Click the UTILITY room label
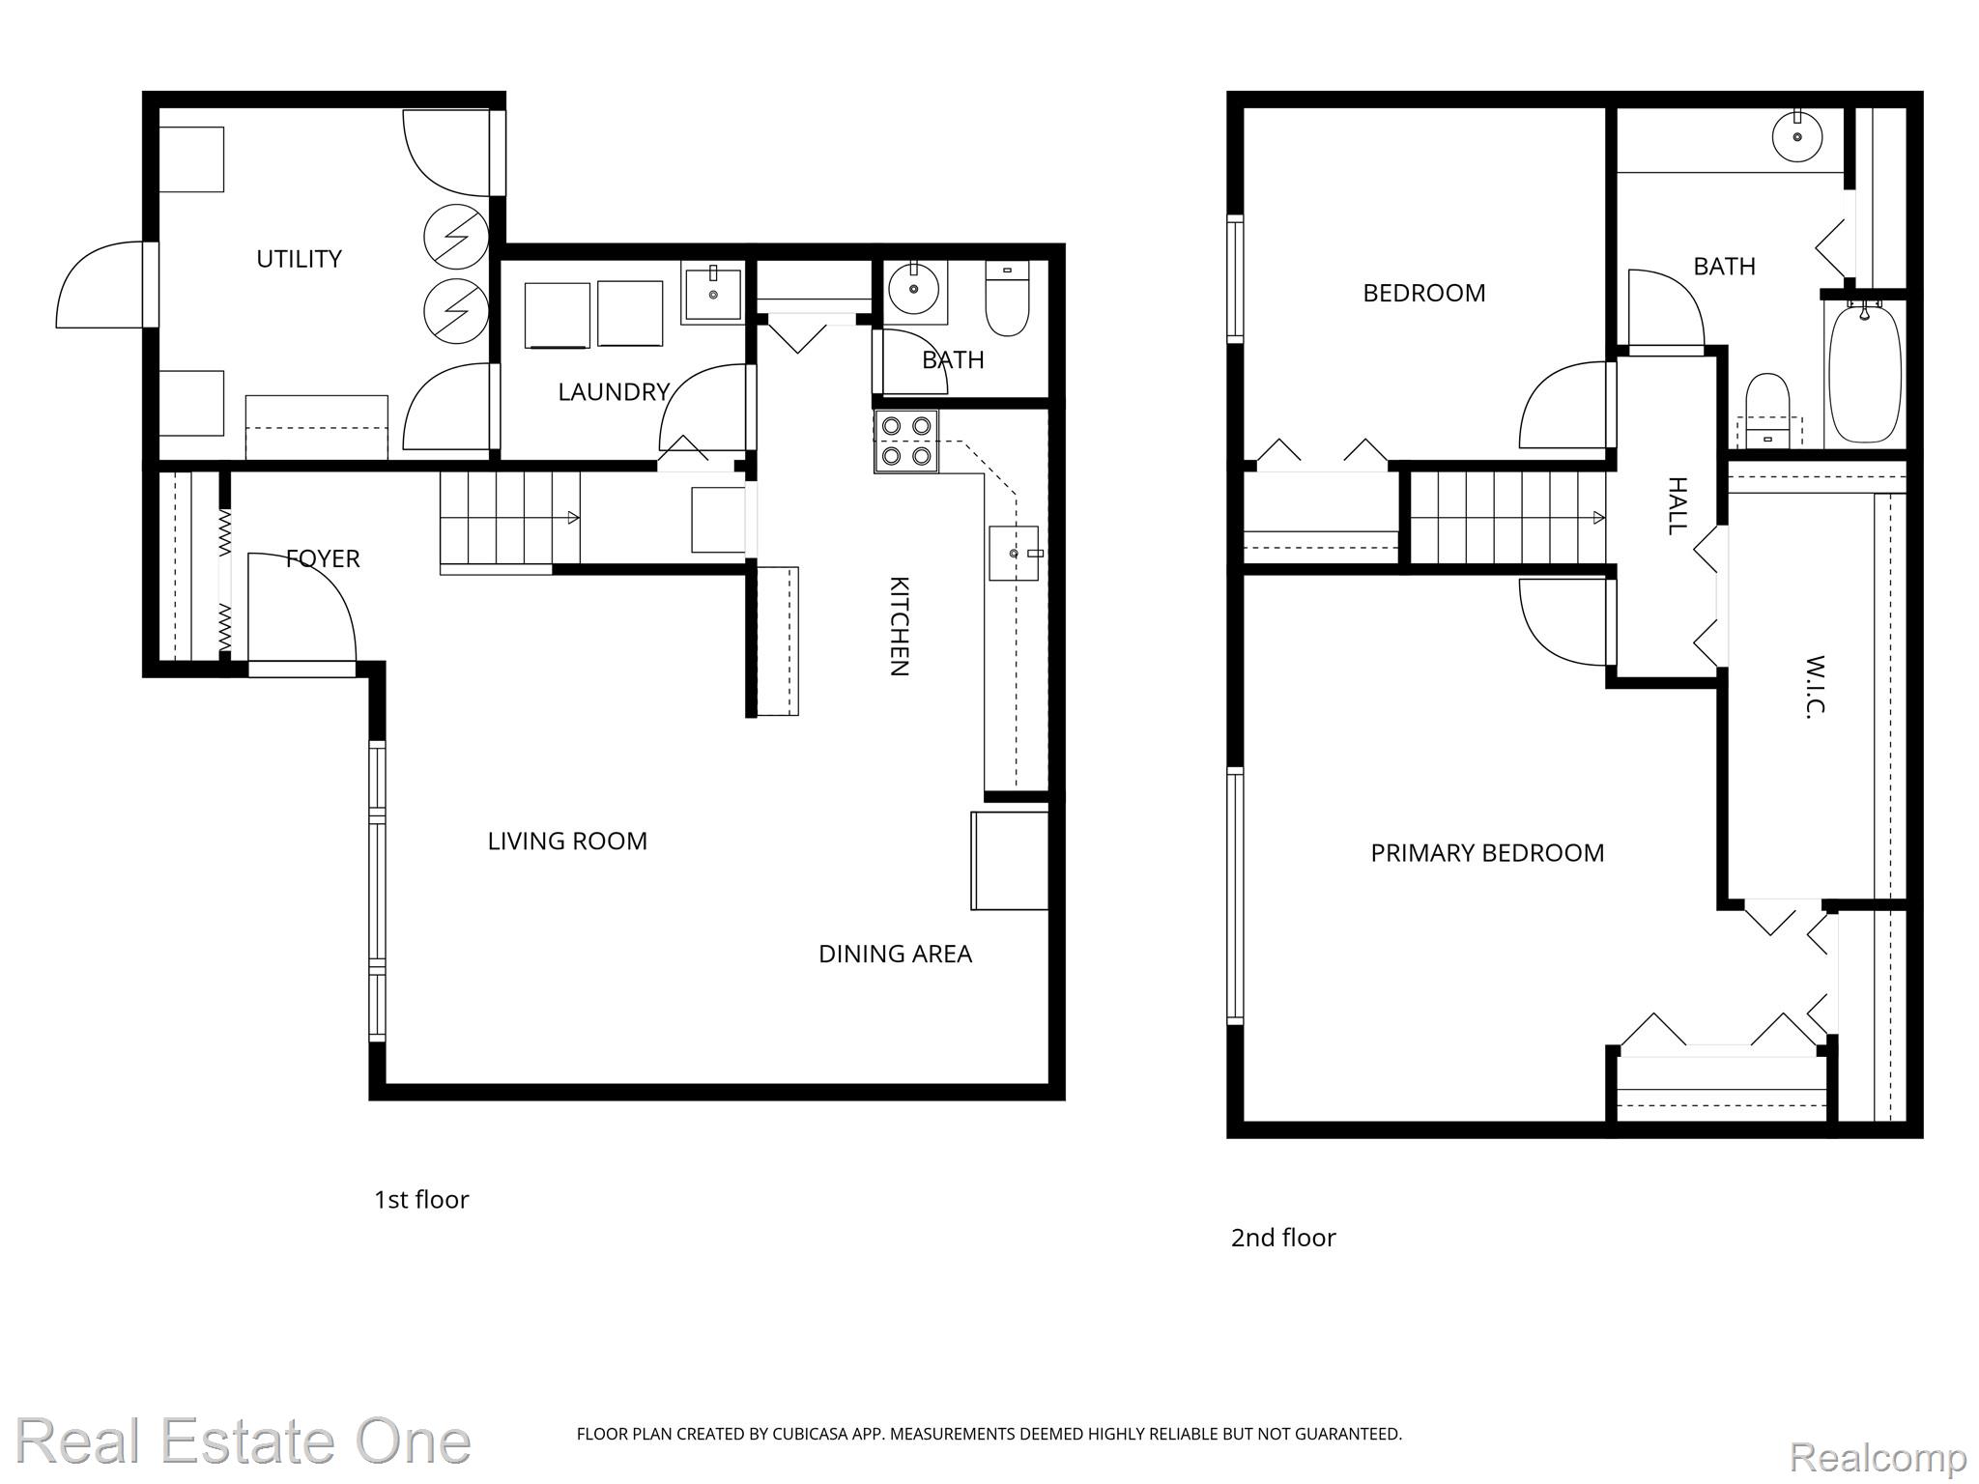coord(299,259)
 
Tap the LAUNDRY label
coord(614,392)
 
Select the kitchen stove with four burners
coord(906,442)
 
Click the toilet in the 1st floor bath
coord(1007,299)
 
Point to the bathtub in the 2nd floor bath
coord(1865,373)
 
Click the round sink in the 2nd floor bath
coord(1797,137)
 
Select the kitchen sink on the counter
coord(1014,553)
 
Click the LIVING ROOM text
coord(567,842)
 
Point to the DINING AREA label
coord(895,955)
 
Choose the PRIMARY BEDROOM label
coord(1487,853)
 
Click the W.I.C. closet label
coord(1814,686)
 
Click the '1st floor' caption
coord(421,1200)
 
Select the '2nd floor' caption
coord(1283,1238)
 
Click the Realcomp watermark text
coord(1878,1455)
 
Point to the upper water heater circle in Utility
coord(456,237)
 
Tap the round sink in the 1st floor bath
coord(913,287)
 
